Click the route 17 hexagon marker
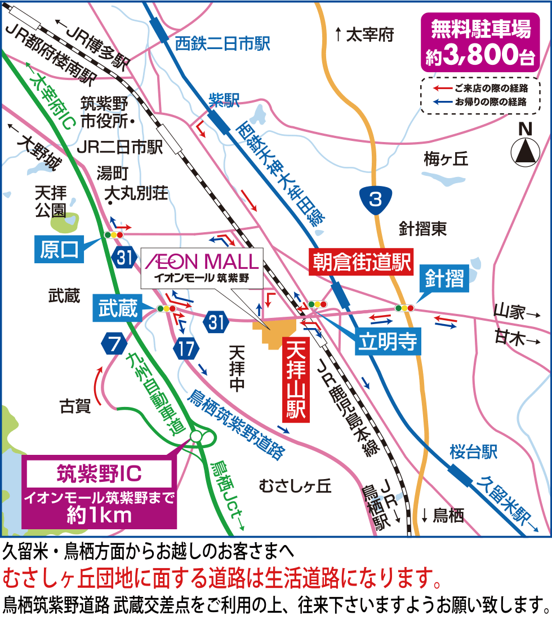186,348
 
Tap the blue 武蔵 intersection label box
118,309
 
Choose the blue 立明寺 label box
389,342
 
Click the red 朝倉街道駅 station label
360,262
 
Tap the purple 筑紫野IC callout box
99,488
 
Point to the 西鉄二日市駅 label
223,43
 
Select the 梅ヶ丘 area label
446,160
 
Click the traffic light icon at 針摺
404,308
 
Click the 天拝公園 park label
51,202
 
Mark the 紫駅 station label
224,100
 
